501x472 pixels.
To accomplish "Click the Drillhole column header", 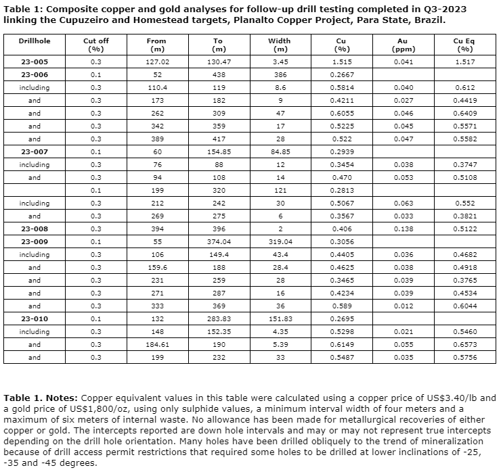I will coord(35,41).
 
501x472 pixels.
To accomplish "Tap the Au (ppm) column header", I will coord(403,45).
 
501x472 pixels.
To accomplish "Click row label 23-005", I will coord(35,62).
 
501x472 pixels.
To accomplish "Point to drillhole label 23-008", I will coord(35,229).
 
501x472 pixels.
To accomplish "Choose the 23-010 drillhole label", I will coord(35,319).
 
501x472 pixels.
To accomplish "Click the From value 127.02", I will coord(156,62).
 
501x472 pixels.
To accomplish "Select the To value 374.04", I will coord(218,242).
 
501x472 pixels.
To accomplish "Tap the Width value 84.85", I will coord(280,152).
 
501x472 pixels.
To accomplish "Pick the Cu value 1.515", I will coord(342,62).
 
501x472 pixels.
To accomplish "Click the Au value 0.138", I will coord(403,229).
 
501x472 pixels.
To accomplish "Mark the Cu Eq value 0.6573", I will coord(464,345).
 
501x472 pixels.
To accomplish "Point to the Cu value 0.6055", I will coord(342,114).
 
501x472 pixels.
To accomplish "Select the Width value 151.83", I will coord(280,319).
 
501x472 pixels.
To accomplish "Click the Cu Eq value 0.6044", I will coord(464,306).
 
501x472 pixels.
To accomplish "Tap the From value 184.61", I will coord(156,345).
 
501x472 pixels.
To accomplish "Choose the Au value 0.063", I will coord(403,204).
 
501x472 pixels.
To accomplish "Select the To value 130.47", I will coord(218,62).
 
